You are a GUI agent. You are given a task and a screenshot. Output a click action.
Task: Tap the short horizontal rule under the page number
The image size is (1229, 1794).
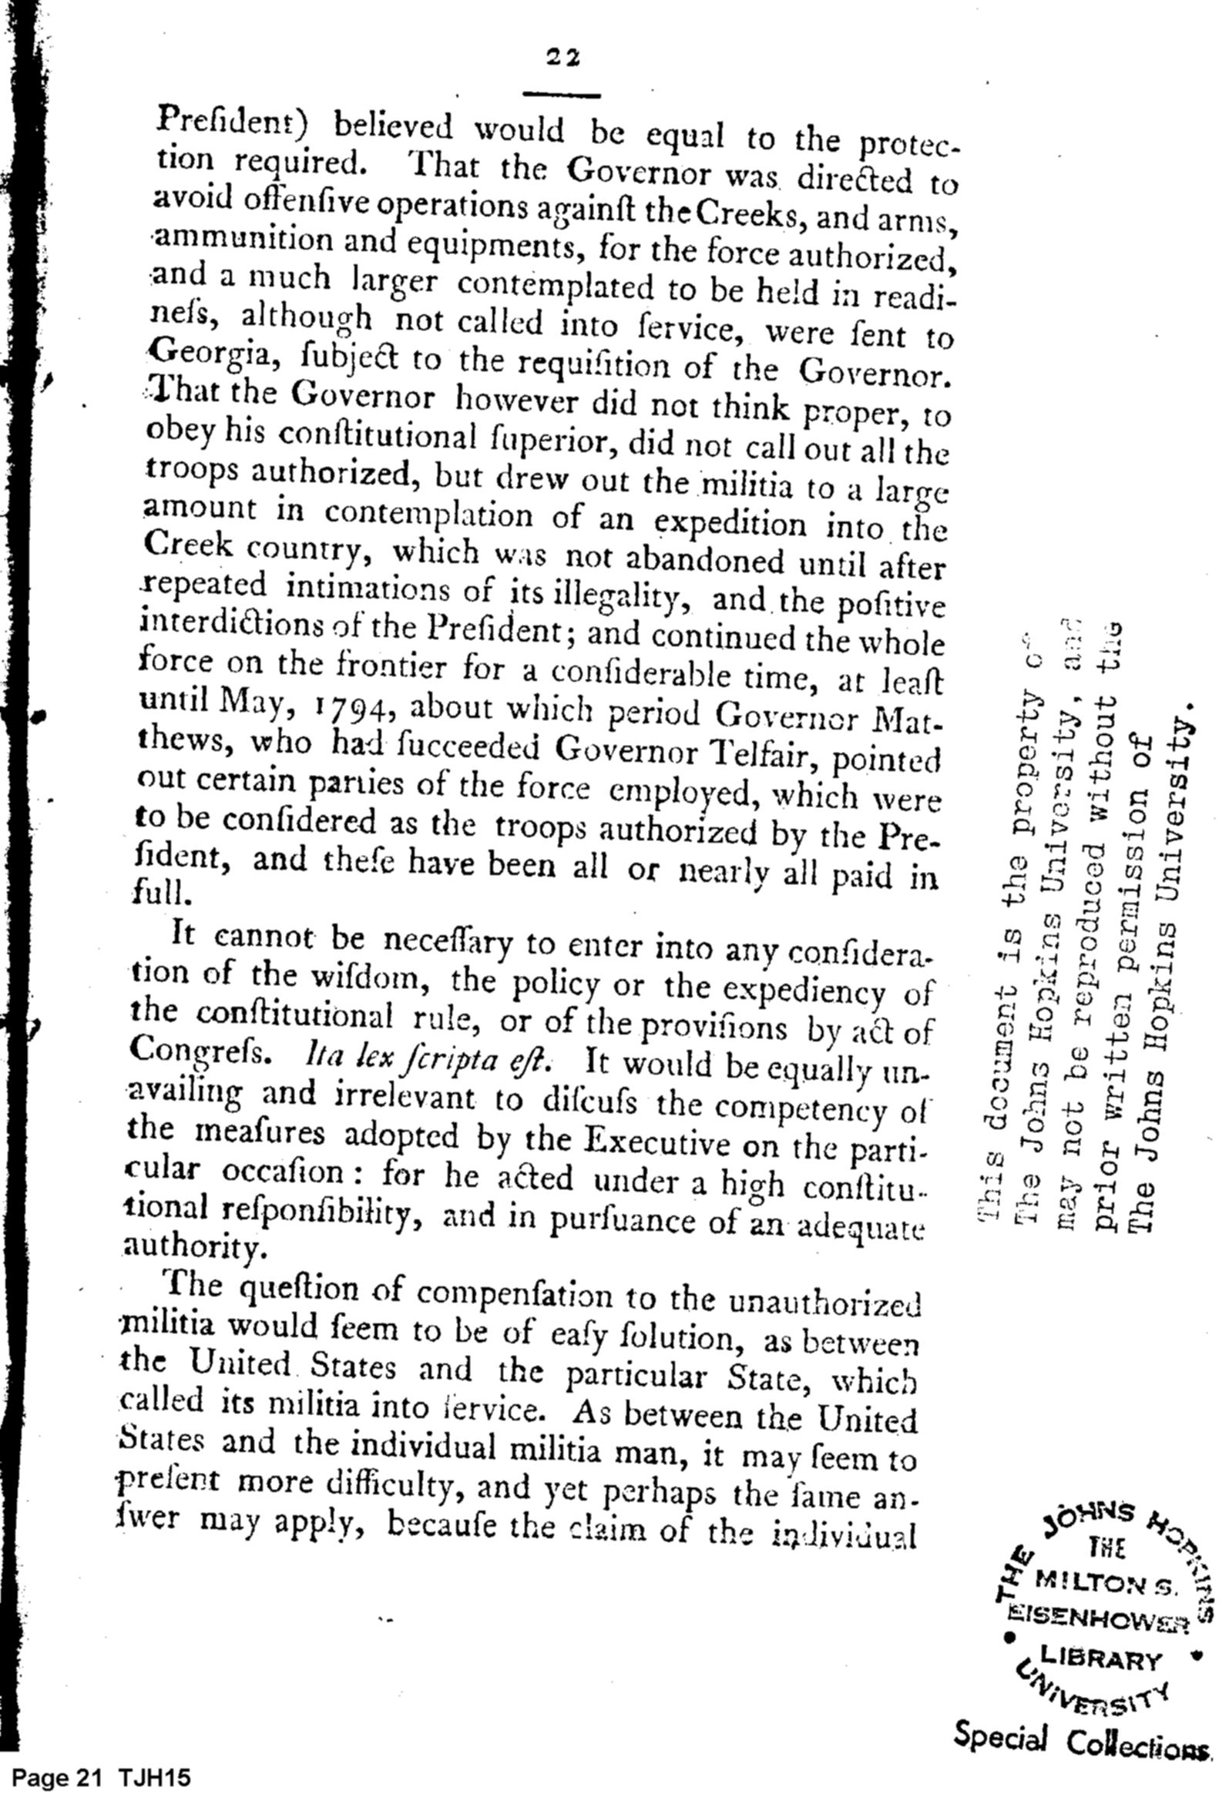tap(562, 96)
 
